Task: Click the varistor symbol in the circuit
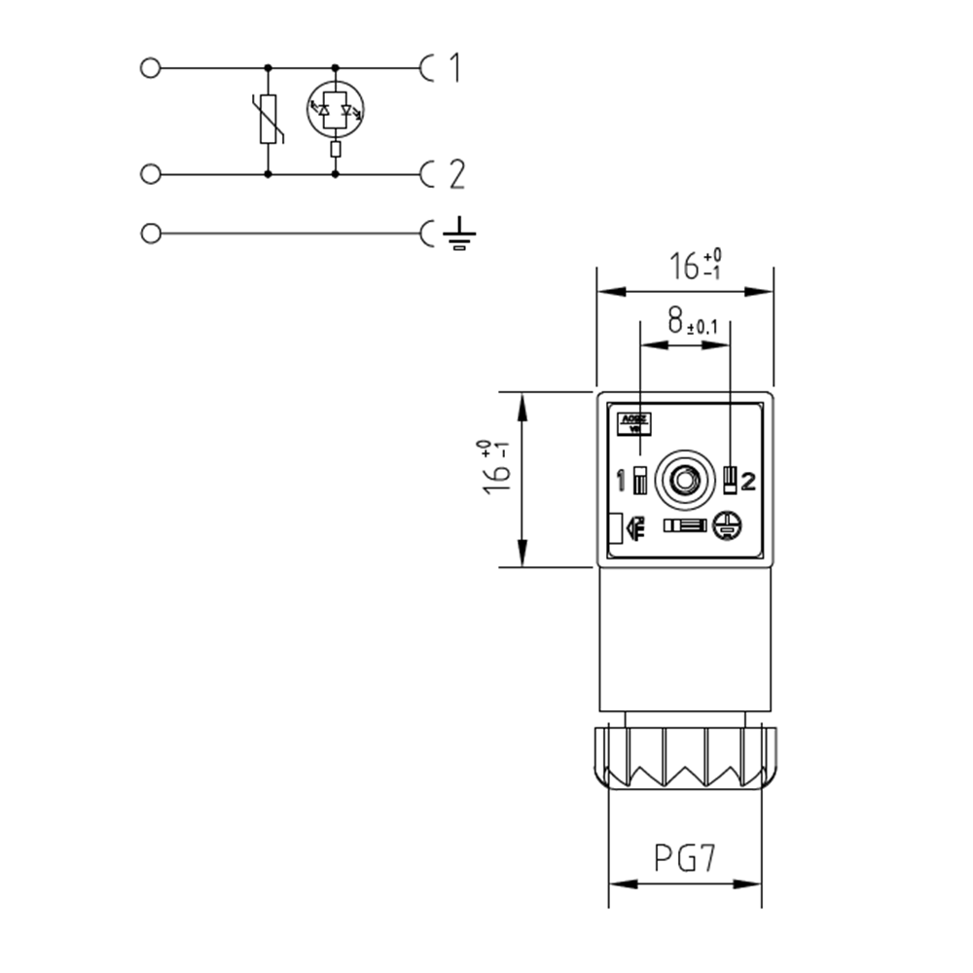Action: click(270, 120)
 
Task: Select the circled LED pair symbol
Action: click(335, 108)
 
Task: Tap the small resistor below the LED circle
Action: click(335, 149)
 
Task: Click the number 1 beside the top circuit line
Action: click(453, 68)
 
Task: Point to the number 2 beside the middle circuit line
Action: click(455, 174)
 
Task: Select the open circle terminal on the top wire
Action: click(150, 68)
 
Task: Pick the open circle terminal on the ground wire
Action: click(150, 234)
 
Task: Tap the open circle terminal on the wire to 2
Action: click(150, 174)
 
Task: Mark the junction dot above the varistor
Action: click(269, 68)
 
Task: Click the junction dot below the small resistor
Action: click(335, 174)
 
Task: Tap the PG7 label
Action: click(684, 859)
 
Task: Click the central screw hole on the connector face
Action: click(685, 479)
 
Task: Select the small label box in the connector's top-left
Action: click(633, 423)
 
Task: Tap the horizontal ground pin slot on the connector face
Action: click(685, 525)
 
